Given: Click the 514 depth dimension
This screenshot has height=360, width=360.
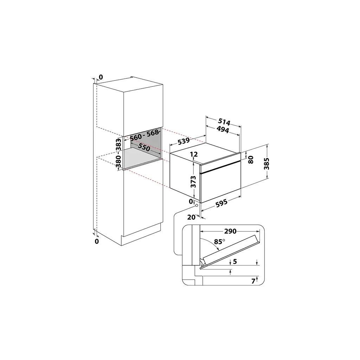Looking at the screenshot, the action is click(x=224, y=121).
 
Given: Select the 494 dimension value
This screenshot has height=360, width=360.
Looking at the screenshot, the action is click(x=223, y=130).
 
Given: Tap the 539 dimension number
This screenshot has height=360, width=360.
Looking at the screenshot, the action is click(x=184, y=141).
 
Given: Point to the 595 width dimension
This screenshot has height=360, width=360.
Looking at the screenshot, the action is click(x=221, y=203).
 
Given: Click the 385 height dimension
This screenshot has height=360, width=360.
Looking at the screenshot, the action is click(x=266, y=164).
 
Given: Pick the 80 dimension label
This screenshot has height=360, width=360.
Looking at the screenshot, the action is click(x=251, y=160).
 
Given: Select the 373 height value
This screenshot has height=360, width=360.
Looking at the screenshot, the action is click(x=193, y=182).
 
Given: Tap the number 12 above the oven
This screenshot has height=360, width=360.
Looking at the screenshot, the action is click(x=194, y=154).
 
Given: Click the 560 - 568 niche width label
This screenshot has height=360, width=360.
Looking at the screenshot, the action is click(x=144, y=135).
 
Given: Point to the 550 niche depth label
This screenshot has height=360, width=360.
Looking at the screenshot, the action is click(x=144, y=148).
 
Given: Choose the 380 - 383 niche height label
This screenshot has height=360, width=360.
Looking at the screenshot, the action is click(x=118, y=153).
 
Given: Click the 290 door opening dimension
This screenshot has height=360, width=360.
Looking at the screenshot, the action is click(x=230, y=231).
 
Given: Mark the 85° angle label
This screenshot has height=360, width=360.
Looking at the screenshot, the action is click(x=219, y=242).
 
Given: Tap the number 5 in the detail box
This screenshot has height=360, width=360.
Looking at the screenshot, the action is click(x=235, y=262).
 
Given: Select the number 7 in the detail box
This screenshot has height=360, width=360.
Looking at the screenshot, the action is click(x=253, y=281).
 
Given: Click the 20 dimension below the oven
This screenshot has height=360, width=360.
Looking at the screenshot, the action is click(x=191, y=217).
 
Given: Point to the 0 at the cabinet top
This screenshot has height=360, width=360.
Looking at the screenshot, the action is click(x=101, y=77).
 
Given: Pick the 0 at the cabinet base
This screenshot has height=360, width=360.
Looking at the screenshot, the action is click(x=97, y=241).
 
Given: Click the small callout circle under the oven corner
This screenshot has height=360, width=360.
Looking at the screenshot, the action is click(x=197, y=206).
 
